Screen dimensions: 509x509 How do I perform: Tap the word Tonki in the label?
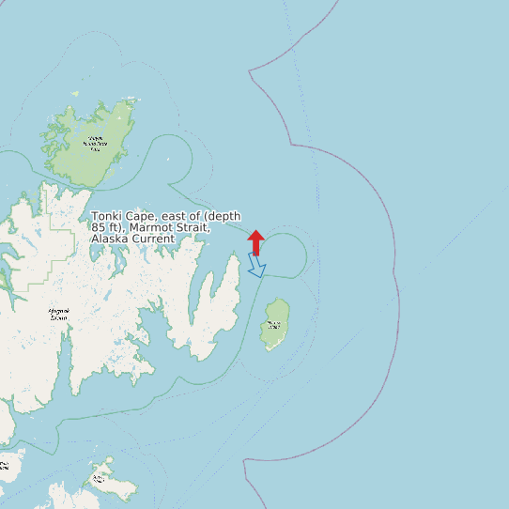(107, 217)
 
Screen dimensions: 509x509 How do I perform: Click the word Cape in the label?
(142, 217)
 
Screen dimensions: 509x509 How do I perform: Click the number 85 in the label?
(98, 228)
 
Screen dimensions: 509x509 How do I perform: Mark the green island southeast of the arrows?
(275, 325)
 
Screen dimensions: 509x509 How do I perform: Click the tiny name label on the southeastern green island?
(273, 325)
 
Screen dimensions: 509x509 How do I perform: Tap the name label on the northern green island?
(95, 144)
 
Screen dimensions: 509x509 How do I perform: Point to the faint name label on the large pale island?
(58, 316)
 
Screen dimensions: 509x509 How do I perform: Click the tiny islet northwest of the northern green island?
(75, 94)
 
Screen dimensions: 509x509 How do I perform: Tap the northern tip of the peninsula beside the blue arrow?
(237, 255)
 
